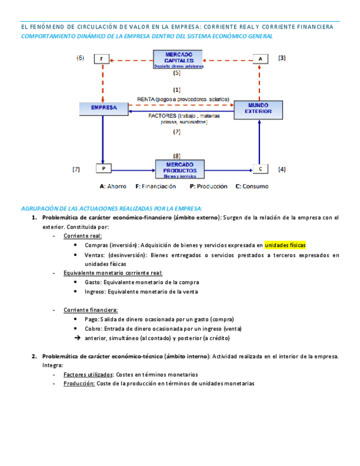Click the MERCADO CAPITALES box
177,59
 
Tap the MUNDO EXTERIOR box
258,109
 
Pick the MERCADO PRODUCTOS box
179,168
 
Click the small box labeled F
102,58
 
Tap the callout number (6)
80,58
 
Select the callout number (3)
281,58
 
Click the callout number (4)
281,169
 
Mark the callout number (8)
176,156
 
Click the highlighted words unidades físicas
285,245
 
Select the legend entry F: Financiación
156,186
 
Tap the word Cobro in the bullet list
93,329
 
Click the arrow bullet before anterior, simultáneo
77,338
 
